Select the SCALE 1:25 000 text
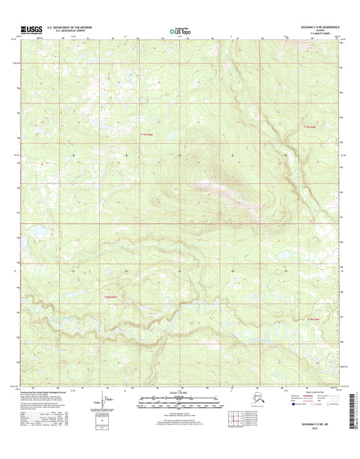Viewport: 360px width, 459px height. click(x=180, y=393)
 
